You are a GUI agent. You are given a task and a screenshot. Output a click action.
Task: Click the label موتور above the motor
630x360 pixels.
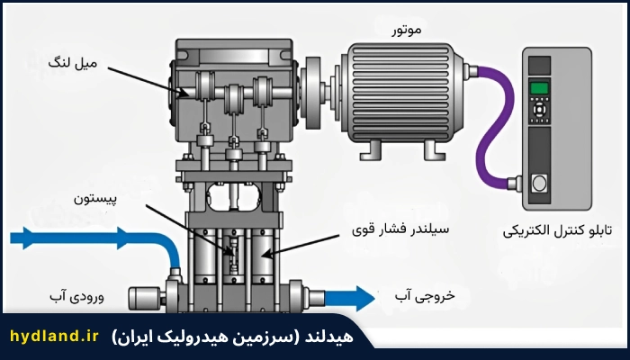(406, 30)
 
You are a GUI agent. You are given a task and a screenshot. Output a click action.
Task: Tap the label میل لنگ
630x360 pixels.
(73, 63)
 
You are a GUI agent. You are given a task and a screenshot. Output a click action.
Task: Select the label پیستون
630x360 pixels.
(95, 200)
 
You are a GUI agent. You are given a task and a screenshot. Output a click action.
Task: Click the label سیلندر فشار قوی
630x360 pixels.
(400, 229)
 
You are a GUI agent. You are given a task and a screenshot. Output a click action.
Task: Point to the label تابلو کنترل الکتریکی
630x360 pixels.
(557, 231)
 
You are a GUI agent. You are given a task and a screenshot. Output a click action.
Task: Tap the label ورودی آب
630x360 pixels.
(76, 296)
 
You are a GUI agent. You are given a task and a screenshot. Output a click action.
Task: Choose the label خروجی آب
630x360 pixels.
(425, 296)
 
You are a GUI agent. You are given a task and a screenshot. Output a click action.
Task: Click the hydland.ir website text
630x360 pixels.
(54, 336)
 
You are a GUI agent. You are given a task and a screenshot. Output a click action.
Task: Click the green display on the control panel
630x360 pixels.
(539, 88)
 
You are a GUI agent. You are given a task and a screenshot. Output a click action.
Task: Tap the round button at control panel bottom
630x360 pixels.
(539, 184)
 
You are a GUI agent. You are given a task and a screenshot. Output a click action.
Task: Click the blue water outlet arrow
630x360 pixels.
(349, 298)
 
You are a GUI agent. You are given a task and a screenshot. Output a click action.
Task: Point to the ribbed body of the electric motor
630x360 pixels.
(399, 93)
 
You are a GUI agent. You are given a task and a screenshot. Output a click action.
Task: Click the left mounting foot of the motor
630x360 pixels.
(371, 150)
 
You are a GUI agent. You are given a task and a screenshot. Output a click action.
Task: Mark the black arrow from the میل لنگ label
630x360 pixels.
(148, 83)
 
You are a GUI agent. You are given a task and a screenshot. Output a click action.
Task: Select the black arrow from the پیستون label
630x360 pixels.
(189, 230)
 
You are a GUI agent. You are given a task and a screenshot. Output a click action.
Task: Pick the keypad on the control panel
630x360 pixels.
(539, 109)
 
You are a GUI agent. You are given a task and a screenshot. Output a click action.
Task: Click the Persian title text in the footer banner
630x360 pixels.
(232, 337)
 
